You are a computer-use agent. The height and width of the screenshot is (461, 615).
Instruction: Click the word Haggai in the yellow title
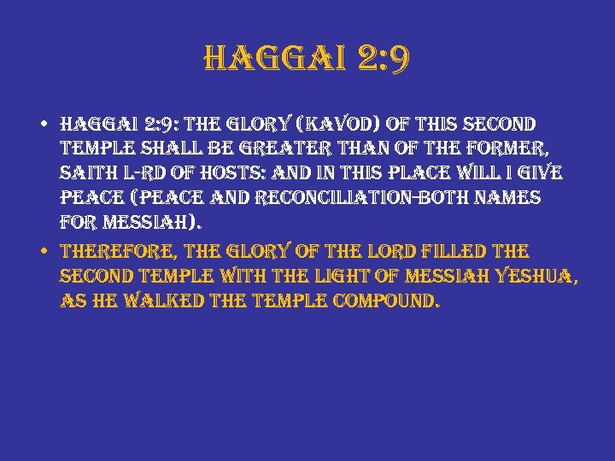pyautogui.click(x=270, y=60)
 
